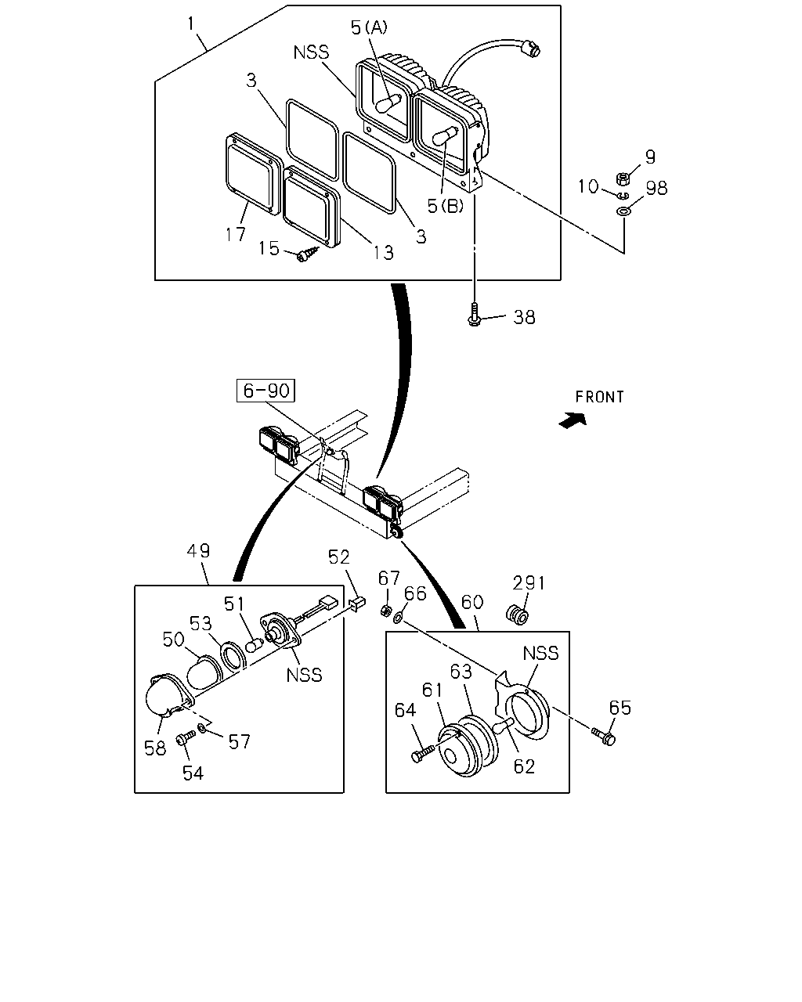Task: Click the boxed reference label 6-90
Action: (x=266, y=390)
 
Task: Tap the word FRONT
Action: (x=599, y=397)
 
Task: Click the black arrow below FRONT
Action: (x=573, y=420)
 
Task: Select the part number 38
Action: (x=524, y=318)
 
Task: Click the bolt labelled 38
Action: (x=474, y=314)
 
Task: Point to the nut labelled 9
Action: (x=623, y=178)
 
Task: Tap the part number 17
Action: (x=235, y=234)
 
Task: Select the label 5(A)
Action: (x=369, y=28)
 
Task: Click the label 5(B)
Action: (x=446, y=206)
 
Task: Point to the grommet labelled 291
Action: (x=517, y=615)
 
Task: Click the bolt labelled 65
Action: (x=604, y=736)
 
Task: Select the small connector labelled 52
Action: (x=357, y=603)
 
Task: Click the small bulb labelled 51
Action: (x=255, y=645)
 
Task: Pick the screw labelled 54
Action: (x=186, y=737)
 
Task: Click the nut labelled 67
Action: (x=385, y=610)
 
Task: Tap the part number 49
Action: (x=198, y=551)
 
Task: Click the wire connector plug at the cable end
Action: (x=532, y=47)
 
